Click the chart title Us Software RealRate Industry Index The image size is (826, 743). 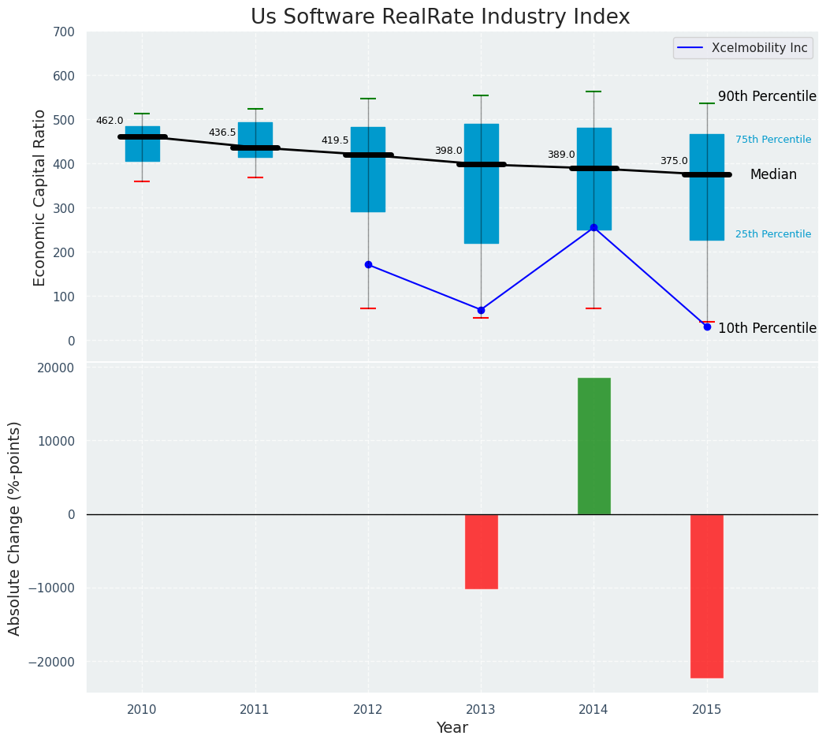440,17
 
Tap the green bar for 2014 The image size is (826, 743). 593,446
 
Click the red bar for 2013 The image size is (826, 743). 481,551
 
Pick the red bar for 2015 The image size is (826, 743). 706,596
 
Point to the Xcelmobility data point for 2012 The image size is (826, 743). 368,264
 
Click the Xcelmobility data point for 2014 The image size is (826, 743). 593,227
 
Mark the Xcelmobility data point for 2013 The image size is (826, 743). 481,310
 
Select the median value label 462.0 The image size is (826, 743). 110,121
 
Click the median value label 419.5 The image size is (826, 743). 334,140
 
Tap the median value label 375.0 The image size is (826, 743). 673,161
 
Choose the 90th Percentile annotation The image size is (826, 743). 766,96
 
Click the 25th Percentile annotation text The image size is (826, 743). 772,234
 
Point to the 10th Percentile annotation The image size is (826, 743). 766,328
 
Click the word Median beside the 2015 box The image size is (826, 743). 772,175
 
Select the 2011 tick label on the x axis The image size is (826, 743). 255,709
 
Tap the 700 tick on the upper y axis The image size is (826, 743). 63,32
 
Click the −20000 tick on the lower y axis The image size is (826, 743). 51,661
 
